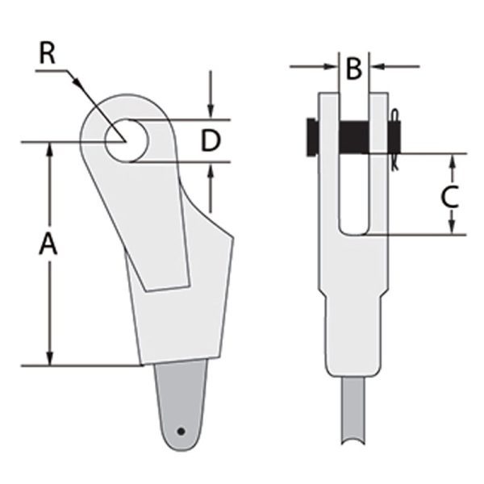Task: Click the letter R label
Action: coord(48,54)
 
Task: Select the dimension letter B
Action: coord(353,69)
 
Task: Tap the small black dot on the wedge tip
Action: coord(182,431)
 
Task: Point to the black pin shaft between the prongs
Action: coord(354,136)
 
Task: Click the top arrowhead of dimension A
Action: coord(51,149)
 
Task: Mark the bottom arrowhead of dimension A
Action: coord(51,359)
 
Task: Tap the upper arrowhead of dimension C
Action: coord(453,159)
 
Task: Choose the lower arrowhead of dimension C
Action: coord(453,228)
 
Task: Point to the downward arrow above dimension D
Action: coord(211,113)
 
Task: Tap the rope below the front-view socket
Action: coord(354,419)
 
